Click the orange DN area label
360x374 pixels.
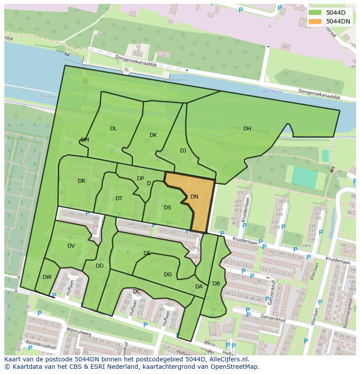click(x=194, y=197)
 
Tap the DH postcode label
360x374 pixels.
click(x=247, y=129)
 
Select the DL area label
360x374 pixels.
click(x=113, y=129)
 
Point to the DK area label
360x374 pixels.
click(x=153, y=135)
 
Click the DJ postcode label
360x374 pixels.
click(x=183, y=151)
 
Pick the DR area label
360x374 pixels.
click(x=81, y=181)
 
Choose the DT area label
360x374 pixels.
click(x=119, y=199)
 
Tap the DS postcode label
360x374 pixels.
click(x=167, y=208)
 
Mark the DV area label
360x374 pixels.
click(x=71, y=246)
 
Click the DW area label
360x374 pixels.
click(x=47, y=277)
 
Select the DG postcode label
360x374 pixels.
click(x=168, y=275)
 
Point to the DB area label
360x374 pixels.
click(x=216, y=284)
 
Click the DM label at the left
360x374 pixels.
click(x=85, y=140)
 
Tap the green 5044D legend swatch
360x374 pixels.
click(x=315, y=13)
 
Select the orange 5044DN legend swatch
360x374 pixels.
click(x=315, y=21)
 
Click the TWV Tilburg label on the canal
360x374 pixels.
click(x=271, y=92)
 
